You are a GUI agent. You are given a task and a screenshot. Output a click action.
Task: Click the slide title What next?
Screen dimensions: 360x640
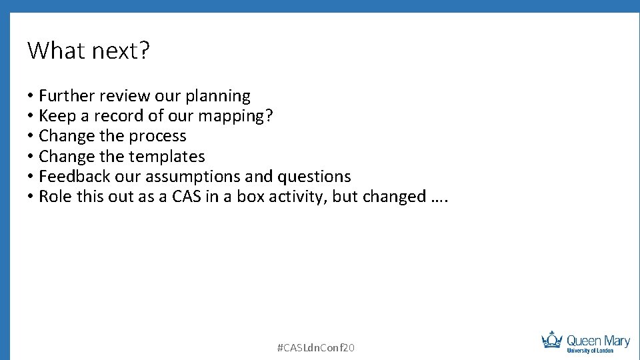tap(89, 51)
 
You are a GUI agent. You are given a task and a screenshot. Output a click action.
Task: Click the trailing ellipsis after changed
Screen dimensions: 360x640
tap(437, 197)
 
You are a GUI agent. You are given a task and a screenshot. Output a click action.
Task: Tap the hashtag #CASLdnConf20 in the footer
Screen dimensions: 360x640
tap(315, 347)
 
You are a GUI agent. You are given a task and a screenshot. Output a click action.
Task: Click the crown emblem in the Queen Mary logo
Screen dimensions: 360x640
tap(552, 340)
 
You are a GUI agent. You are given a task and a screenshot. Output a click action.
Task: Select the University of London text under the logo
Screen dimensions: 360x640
tap(589, 350)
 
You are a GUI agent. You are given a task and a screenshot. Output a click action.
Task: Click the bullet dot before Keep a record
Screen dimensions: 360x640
tap(31, 116)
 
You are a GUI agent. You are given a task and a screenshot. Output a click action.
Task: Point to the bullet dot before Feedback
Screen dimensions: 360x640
tap(31, 176)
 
